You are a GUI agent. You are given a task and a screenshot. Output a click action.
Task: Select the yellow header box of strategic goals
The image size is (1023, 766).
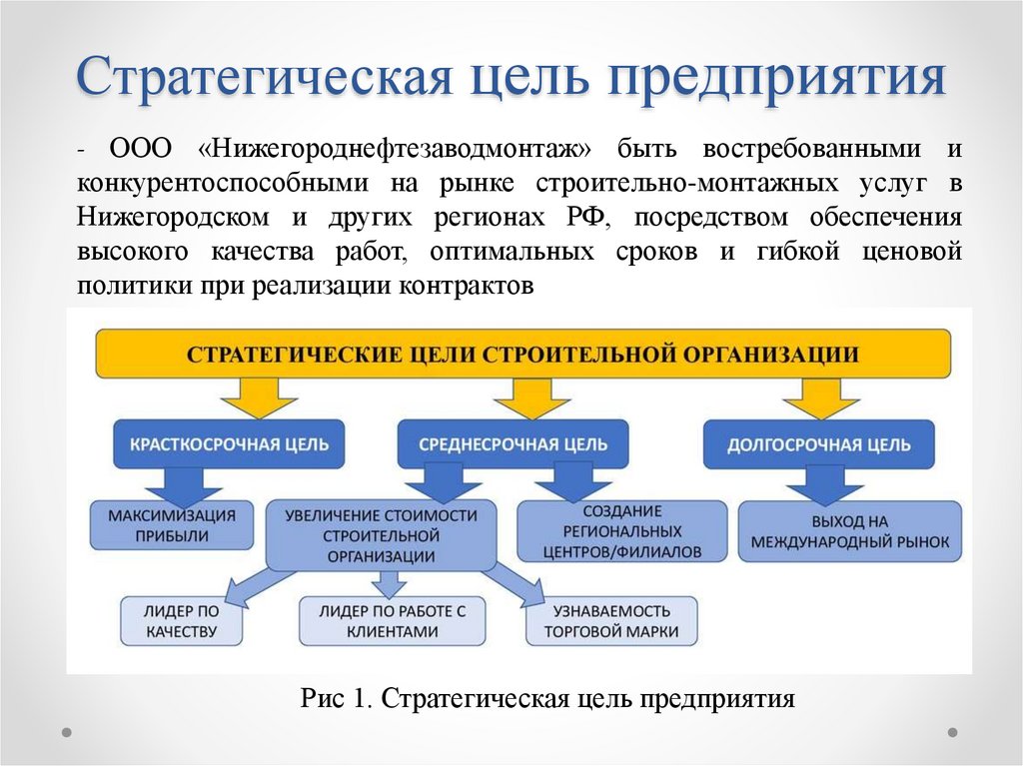click(x=523, y=354)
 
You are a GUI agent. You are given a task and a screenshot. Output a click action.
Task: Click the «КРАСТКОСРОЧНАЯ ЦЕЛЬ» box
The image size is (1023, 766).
click(x=229, y=444)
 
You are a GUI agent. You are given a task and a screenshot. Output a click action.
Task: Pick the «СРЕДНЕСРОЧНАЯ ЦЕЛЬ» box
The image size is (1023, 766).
click(x=512, y=444)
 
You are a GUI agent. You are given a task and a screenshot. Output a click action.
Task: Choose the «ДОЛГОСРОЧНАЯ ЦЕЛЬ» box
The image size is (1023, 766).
click(x=819, y=444)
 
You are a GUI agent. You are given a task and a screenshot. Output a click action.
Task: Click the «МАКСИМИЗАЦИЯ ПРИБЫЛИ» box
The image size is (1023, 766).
click(x=172, y=525)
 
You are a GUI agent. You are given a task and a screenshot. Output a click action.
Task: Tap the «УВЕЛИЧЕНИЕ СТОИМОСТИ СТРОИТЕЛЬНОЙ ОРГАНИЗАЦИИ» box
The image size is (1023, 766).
click(x=381, y=535)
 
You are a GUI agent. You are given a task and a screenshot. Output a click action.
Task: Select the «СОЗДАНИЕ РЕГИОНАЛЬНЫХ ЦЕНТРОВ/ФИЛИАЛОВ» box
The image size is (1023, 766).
click(x=621, y=531)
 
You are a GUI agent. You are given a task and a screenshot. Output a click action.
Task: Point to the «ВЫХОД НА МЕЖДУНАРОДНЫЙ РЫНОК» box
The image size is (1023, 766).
click(x=849, y=531)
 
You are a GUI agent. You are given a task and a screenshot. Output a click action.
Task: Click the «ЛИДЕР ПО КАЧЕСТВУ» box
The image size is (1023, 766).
click(x=182, y=621)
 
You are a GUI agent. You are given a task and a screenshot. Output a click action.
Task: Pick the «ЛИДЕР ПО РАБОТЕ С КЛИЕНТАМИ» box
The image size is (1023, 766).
click(x=392, y=621)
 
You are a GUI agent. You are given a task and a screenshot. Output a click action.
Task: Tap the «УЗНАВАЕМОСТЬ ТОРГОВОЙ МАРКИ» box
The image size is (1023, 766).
click(x=611, y=621)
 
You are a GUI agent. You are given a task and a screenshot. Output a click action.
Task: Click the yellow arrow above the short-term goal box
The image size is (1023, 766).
click(x=259, y=397)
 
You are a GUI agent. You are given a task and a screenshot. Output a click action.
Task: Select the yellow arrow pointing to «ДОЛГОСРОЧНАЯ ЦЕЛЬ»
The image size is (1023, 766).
click(x=821, y=397)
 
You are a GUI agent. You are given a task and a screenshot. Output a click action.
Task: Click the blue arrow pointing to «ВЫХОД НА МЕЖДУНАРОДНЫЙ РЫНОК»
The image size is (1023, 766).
click(x=824, y=484)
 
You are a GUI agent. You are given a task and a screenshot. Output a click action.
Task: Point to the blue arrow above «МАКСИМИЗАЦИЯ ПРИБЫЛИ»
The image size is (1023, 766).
click(x=184, y=484)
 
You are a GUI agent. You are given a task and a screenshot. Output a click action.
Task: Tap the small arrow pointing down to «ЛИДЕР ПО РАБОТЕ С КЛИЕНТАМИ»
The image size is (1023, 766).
click(x=391, y=584)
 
